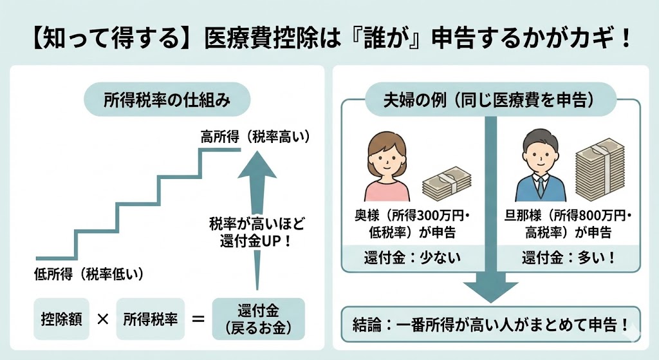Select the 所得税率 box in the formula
tap(150, 319)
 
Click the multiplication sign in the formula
tap(102, 319)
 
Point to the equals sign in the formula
tap(198, 319)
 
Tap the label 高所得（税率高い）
tap(255, 137)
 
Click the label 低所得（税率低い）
tap(88, 273)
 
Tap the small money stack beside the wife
tap(445, 185)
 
